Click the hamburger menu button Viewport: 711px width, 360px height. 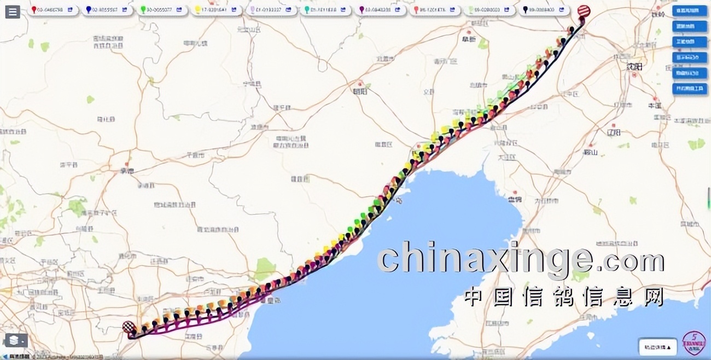(x=13, y=11)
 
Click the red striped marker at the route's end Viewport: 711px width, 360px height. (x=584, y=11)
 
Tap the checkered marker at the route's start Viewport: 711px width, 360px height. (x=129, y=327)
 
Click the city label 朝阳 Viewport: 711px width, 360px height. (x=359, y=91)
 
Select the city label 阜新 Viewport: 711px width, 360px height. (x=469, y=39)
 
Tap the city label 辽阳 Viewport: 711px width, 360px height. (x=614, y=132)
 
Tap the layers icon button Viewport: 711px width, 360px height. (x=15, y=340)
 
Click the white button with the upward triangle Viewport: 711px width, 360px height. (x=657, y=347)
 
